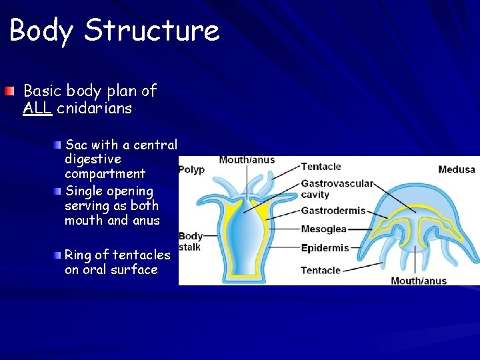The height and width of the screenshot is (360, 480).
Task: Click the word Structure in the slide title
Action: point(152,31)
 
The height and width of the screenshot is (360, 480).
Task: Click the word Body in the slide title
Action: point(41,31)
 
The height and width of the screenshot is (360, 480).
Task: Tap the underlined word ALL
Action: point(37,108)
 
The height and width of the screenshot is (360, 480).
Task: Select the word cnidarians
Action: point(94,108)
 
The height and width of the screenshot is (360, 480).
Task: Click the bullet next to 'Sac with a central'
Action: point(59,144)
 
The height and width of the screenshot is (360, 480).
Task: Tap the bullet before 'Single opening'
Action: point(59,191)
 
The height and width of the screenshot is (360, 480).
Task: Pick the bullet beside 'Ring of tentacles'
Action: point(59,255)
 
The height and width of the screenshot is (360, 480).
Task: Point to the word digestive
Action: point(93,159)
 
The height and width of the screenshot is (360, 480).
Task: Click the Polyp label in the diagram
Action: point(191,169)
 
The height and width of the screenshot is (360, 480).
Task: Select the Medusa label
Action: point(456,169)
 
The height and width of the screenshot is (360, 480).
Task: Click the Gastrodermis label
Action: point(333,211)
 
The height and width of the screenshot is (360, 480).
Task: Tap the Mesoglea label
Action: point(323,229)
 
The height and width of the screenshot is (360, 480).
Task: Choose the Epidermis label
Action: point(325,248)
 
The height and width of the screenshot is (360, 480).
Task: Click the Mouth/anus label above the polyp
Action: point(247,160)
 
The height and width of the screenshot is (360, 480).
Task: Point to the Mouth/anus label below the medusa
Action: point(419,281)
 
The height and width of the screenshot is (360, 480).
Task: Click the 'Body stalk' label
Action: point(191,241)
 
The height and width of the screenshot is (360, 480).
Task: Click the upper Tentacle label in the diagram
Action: point(321,167)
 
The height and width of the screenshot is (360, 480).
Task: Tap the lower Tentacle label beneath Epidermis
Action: point(321,270)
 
